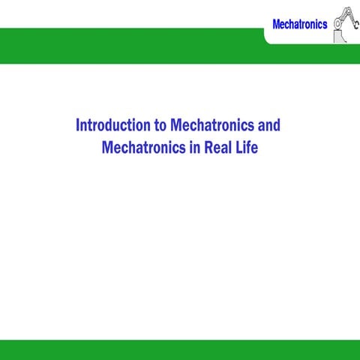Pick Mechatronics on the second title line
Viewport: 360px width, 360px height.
[x=143, y=147]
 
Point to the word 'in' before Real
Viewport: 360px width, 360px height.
[x=193, y=147]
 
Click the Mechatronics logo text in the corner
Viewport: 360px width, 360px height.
[x=299, y=25]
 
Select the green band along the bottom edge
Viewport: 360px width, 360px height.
[x=180, y=349]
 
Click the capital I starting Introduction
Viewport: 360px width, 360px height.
[x=78, y=124]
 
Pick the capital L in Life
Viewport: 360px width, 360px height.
[x=239, y=147]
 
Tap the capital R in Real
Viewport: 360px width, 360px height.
[x=208, y=147]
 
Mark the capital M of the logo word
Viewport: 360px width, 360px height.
[x=276, y=25]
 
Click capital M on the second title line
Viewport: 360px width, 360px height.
[x=106, y=147]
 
